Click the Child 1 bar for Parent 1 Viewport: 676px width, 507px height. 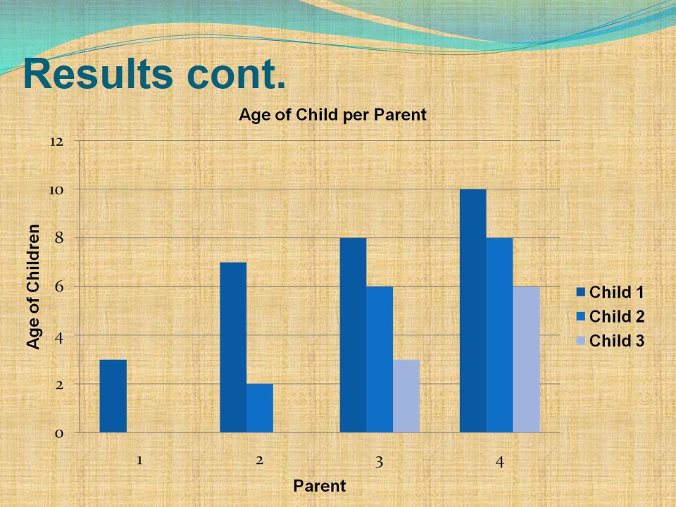click(x=113, y=396)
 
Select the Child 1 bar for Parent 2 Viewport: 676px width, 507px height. click(x=233, y=347)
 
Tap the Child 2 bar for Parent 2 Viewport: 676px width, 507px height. click(x=260, y=408)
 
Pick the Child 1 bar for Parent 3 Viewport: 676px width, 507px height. click(x=353, y=335)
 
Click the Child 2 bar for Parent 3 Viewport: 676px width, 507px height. click(x=380, y=359)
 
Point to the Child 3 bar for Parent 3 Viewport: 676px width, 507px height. click(x=406, y=396)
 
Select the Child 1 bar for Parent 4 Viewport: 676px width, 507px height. click(x=472, y=311)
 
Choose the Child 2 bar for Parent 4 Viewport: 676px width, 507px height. click(x=499, y=335)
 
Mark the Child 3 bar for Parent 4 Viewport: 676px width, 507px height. click(x=526, y=359)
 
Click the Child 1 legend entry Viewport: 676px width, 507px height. click(x=610, y=292)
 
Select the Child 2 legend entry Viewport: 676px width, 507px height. click(x=610, y=316)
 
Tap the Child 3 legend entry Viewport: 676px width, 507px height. click(x=610, y=341)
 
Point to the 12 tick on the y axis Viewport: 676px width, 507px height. click(x=56, y=142)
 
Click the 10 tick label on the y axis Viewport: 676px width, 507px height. click(x=56, y=190)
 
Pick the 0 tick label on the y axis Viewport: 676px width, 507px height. click(x=59, y=433)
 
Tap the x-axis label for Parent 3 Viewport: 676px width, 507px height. click(x=379, y=462)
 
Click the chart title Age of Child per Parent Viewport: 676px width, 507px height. click(x=332, y=115)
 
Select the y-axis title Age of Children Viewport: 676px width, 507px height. click(x=33, y=286)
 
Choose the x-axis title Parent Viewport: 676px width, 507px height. click(x=320, y=486)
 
